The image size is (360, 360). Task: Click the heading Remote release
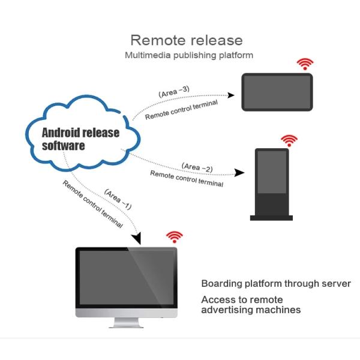tap(187, 40)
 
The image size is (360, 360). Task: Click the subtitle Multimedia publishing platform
tap(188, 55)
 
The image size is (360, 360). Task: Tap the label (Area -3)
tap(174, 92)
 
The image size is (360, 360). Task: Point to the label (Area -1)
tap(118, 199)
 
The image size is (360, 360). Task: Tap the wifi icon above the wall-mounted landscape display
tap(306, 64)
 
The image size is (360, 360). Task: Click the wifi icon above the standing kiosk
tap(289, 140)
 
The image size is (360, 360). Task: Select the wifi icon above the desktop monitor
tap(174, 236)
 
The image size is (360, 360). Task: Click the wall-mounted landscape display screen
tap(277, 92)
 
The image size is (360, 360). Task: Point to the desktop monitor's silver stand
tap(127, 322)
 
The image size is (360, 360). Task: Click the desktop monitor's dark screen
tap(127, 276)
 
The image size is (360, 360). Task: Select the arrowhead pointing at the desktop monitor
tap(137, 238)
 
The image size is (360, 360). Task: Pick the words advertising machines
tap(251, 310)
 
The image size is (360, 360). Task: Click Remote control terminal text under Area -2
tap(186, 178)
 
